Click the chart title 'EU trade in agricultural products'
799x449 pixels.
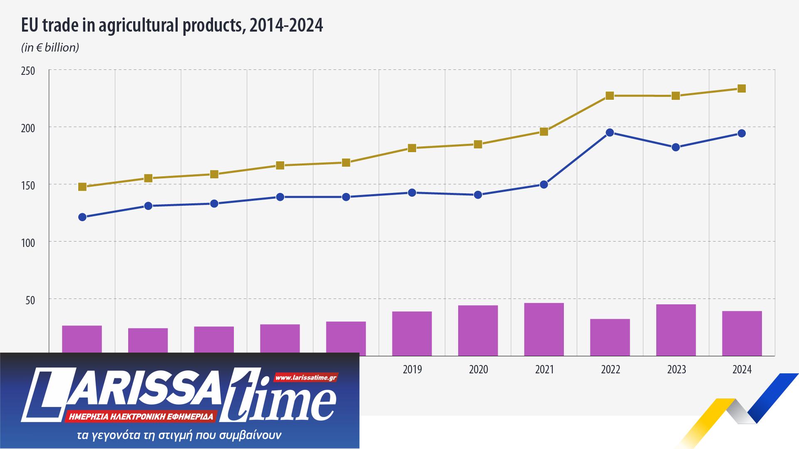pyautogui.click(x=172, y=26)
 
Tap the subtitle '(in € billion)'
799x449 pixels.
pyautogui.click(x=50, y=48)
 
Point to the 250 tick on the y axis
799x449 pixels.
pyautogui.click(x=28, y=71)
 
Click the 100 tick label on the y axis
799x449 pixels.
pyautogui.click(x=28, y=242)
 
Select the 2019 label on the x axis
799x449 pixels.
pyautogui.click(x=412, y=370)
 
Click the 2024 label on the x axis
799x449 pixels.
pyautogui.click(x=742, y=370)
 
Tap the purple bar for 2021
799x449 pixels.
pyautogui.click(x=544, y=329)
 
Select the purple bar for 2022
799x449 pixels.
pyautogui.click(x=610, y=337)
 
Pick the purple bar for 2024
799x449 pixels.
pyautogui.click(x=742, y=333)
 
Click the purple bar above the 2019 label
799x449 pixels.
pyautogui.click(x=412, y=333)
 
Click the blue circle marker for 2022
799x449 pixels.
pyautogui.click(x=610, y=133)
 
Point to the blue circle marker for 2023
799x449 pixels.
pyautogui.click(x=676, y=147)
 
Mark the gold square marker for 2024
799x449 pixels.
pyautogui.click(x=742, y=89)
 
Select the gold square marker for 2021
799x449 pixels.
pyautogui.click(x=544, y=132)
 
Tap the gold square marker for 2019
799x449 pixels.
pyautogui.click(x=412, y=148)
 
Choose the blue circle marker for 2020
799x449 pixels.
pyautogui.click(x=478, y=195)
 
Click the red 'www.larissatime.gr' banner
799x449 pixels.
pyautogui.click(x=306, y=378)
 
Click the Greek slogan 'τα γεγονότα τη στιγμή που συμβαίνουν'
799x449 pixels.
pyautogui.click(x=179, y=436)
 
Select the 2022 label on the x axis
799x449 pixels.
pyautogui.click(x=610, y=370)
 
